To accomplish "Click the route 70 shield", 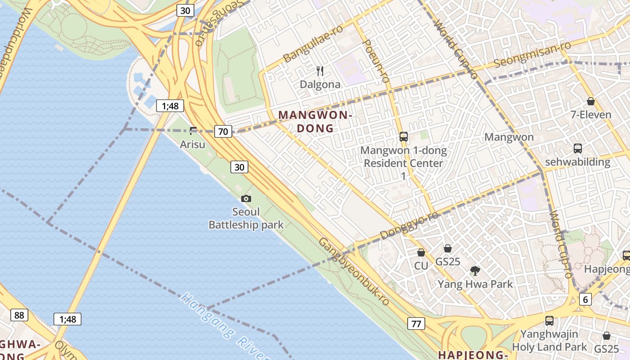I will click(x=223, y=131).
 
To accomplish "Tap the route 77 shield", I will click(x=416, y=323).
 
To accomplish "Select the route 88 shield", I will click(x=19, y=315).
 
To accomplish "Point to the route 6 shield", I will click(x=585, y=299).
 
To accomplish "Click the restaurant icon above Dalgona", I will click(x=320, y=71).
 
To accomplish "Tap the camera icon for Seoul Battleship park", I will click(x=246, y=198).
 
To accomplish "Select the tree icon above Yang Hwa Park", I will click(x=475, y=271).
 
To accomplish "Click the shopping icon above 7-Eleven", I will click(x=591, y=102).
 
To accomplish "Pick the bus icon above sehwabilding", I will click(x=578, y=148).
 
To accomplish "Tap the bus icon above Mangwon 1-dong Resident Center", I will click(x=404, y=136).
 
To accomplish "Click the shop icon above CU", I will click(x=421, y=252).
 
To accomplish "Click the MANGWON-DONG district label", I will click(x=315, y=121).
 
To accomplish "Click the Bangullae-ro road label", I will click(x=313, y=43).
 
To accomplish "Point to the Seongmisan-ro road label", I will click(x=532, y=54).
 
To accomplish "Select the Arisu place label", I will click(x=193, y=144).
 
